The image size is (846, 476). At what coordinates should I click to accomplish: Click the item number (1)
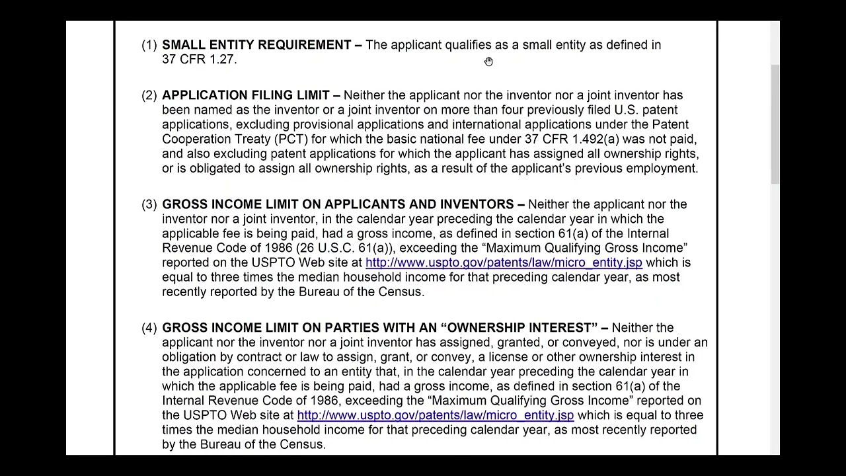coord(149,45)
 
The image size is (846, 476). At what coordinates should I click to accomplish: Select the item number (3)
coord(149,204)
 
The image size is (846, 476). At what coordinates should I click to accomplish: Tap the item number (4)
coord(149,328)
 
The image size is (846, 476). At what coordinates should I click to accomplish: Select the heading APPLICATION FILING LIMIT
coord(246,95)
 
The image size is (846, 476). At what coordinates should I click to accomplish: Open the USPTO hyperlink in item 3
coord(504,262)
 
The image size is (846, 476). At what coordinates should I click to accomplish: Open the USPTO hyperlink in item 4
coord(435,415)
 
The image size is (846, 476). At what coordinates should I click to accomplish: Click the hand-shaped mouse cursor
coord(488,61)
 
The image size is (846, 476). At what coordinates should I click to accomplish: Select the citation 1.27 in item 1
coord(222,59)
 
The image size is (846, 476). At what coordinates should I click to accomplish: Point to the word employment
coord(662,168)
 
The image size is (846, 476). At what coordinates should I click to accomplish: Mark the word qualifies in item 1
coord(468,45)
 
